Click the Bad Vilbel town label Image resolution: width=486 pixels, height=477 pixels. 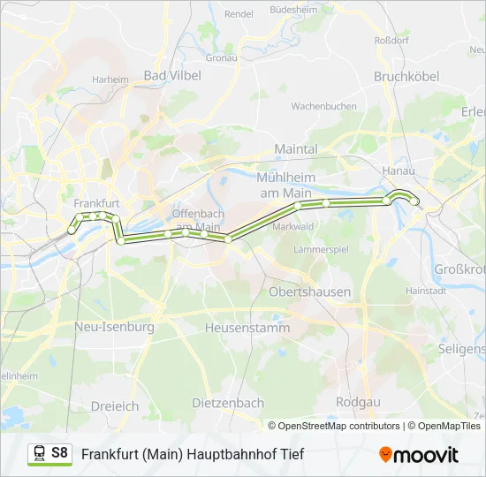172,76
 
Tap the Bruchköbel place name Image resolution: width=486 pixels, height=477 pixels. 406,77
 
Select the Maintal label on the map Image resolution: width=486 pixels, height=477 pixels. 296,150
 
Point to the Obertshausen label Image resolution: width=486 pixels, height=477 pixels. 309,291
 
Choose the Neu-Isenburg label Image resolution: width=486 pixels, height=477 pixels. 115,327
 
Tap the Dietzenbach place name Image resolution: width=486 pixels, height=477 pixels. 228,403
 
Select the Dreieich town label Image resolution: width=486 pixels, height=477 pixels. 115,406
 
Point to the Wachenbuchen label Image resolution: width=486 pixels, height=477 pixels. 324,106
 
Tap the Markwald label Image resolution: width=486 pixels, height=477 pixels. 293,226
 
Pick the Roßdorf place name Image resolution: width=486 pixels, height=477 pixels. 391,40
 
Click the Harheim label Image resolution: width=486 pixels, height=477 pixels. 110,79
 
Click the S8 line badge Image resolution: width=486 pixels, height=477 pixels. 59,453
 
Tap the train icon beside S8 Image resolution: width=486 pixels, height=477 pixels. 39,454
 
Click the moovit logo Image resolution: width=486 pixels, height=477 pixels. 419,454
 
